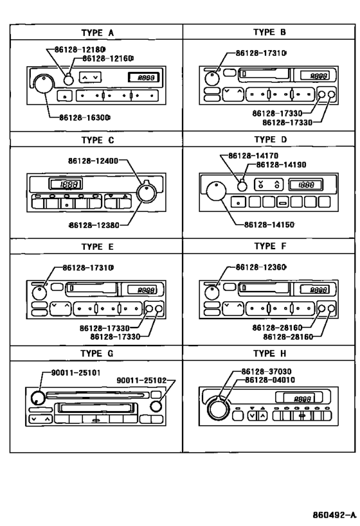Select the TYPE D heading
point(270,138)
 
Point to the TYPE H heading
point(270,353)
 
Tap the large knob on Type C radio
point(147,191)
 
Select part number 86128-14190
point(280,165)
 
